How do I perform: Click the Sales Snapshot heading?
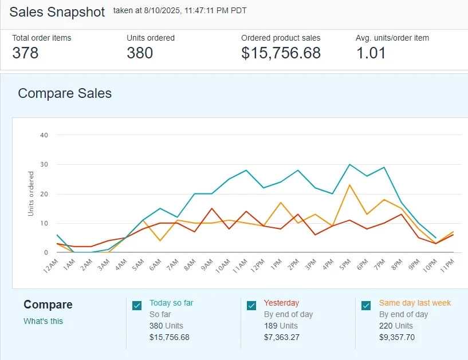click(57, 12)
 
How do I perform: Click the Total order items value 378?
click(25, 53)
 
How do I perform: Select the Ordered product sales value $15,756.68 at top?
click(281, 53)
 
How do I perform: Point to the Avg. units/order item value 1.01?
click(371, 53)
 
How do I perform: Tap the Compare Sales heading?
click(65, 93)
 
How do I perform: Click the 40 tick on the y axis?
click(44, 135)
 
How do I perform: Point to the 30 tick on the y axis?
click(44, 165)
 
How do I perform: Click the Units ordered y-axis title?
click(31, 193)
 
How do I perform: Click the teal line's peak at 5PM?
click(349, 164)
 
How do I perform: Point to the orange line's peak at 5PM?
click(349, 185)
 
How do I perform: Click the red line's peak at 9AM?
click(212, 208)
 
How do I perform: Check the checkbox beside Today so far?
click(137, 306)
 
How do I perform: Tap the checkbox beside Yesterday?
click(251, 306)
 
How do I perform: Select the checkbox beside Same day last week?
click(366, 306)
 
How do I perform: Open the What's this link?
click(43, 321)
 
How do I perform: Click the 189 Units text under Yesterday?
click(281, 326)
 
